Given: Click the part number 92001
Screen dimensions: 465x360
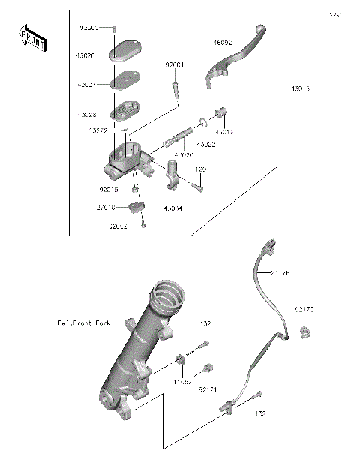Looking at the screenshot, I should pos(174,65).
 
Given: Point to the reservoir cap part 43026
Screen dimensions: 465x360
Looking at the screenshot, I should pos(124,55).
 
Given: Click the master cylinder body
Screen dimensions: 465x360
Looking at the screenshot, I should pos(126,161).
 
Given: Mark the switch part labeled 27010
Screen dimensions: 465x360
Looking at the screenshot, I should pos(136,206).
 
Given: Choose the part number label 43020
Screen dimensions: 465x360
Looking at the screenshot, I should pos(184,154).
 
